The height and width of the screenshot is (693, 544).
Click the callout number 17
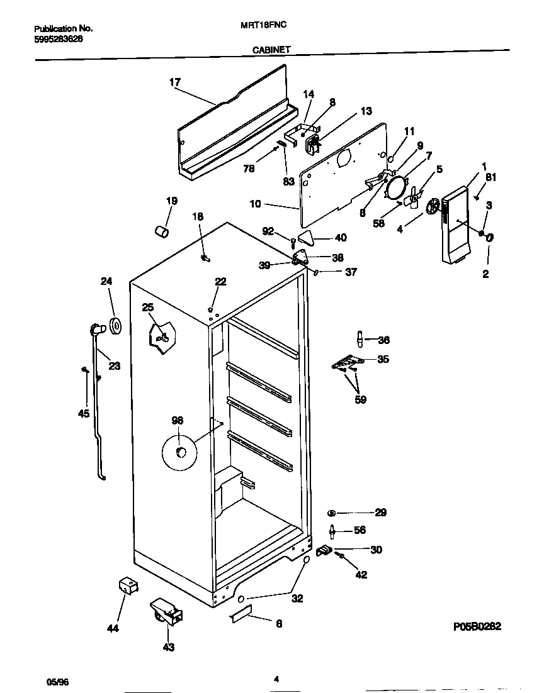pos(175,82)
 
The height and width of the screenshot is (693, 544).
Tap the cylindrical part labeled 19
pos(162,232)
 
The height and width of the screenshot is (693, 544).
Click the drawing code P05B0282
pos(477,627)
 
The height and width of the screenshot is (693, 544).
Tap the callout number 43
pos(169,646)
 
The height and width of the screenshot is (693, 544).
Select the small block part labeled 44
pos(128,586)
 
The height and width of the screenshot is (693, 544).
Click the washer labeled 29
pos(332,513)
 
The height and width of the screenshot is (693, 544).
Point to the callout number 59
pos(360,399)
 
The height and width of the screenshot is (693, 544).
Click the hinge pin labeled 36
pos(360,339)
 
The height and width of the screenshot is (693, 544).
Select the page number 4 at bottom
pos(276,679)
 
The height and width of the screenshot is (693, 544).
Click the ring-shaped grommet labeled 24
pos(115,326)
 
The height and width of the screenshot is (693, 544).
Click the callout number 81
pos(490,177)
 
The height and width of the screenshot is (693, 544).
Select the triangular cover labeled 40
pos(306,238)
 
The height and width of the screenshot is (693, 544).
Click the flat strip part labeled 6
pos(241,614)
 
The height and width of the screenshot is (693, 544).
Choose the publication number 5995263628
pos(58,38)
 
